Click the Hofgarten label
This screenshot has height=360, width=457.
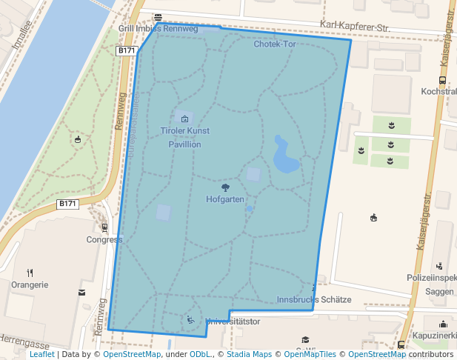click(x=225, y=199)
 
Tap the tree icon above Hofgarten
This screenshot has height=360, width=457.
click(x=225, y=187)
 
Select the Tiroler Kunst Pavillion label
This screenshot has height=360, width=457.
click(x=184, y=137)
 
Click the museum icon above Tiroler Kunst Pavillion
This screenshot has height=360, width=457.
click(x=184, y=119)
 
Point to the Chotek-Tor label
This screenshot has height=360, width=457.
click(x=274, y=44)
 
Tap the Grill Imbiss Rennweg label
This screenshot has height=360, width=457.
click(x=158, y=29)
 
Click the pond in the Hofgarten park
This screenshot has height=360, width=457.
click(x=284, y=155)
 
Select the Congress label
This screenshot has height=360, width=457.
click(x=104, y=239)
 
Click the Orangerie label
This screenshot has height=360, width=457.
click(x=30, y=284)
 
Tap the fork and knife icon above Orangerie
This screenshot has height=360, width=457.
click(x=30, y=273)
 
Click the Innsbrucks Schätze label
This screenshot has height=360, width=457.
click(x=313, y=300)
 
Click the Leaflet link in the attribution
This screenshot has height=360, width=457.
click(x=41, y=354)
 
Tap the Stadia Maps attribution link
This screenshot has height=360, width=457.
click(x=249, y=354)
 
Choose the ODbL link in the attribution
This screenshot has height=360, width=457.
click(x=200, y=354)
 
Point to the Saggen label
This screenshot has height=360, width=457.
click(x=439, y=292)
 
